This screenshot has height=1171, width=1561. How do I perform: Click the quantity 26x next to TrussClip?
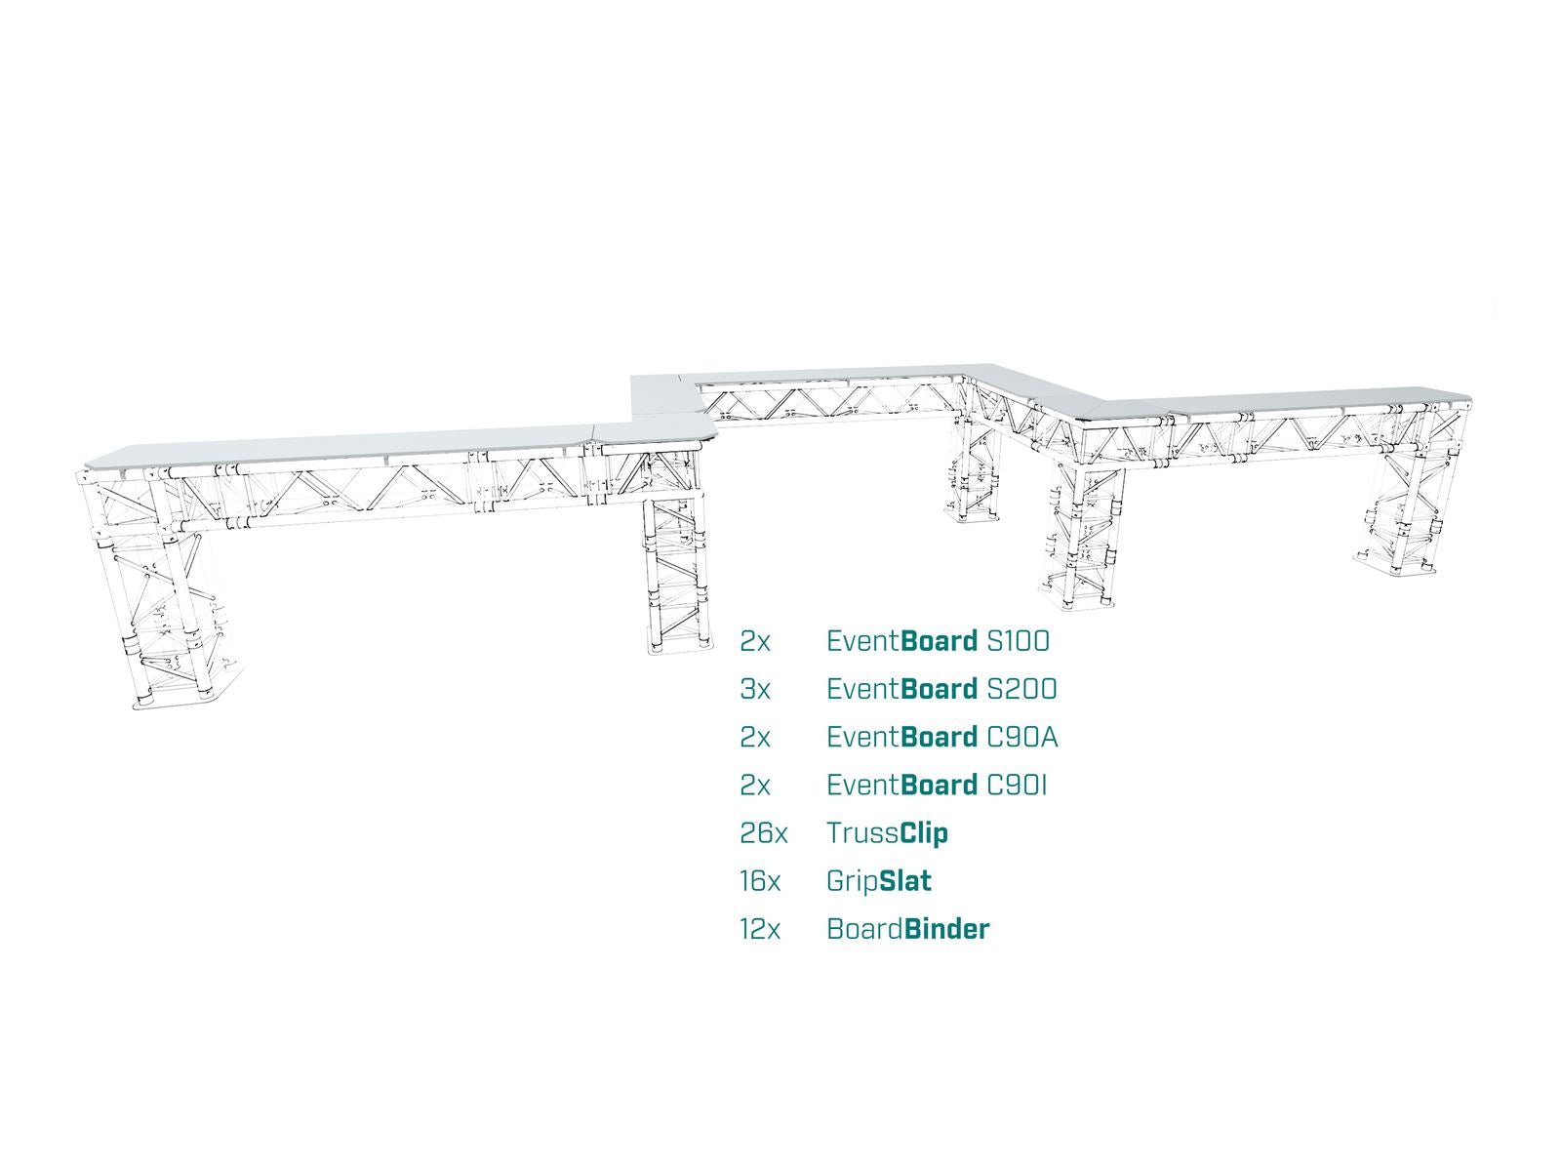coord(763,832)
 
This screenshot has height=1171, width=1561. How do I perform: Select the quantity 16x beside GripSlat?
coord(759,881)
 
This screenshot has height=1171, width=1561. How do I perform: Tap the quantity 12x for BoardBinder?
coord(759,929)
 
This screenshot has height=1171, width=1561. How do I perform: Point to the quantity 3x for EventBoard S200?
coord(754,689)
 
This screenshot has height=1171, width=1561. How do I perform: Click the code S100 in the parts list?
coord(1018,641)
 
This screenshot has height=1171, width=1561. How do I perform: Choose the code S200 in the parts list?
coord(1021,689)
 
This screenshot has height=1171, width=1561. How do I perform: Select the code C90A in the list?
coord(1021,738)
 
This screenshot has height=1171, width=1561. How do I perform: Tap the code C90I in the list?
coord(1017,785)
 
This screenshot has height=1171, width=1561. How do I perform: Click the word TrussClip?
coord(887,833)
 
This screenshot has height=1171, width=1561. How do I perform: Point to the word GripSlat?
coord(878,881)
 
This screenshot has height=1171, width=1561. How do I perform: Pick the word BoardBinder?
coord(907,929)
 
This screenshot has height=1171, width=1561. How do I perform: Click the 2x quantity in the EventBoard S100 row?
coord(754,641)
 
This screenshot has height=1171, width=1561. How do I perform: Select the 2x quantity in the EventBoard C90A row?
coord(754,738)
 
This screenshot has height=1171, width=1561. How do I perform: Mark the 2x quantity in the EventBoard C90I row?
coord(754,785)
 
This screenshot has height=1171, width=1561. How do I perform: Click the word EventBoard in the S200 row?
coord(901,689)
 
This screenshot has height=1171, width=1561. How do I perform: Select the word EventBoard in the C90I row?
coord(901,785)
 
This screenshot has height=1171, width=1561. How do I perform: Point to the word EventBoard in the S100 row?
coord(901,641)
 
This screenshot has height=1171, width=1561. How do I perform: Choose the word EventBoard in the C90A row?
coord(901,738)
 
